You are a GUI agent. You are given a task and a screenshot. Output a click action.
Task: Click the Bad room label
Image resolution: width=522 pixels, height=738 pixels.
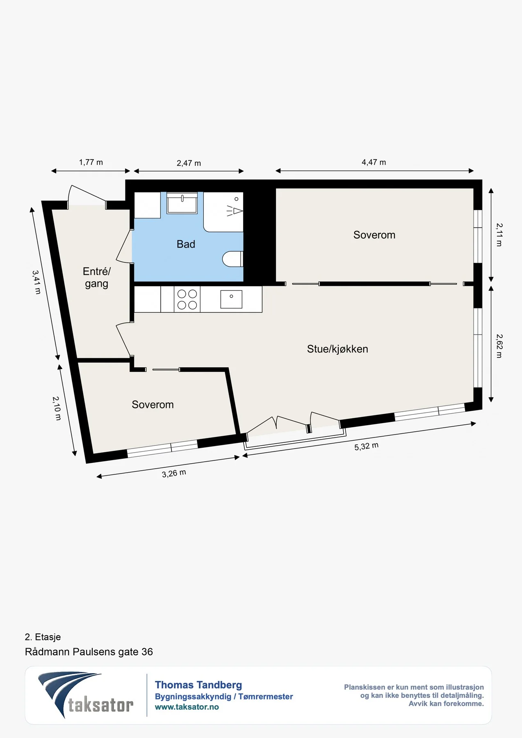coord(186,244)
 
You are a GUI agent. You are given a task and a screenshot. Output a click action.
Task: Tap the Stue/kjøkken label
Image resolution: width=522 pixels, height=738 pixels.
coord(337,349)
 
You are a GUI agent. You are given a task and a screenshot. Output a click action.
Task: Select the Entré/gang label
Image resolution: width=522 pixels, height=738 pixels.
coord(97,278)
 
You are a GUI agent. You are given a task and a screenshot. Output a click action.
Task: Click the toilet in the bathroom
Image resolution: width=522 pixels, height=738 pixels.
coord(233,259)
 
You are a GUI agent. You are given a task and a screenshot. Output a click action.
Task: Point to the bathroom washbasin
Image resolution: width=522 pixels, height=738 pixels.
coord(182,203)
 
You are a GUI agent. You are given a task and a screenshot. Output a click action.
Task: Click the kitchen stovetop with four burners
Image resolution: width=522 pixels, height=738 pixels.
coord(187,299)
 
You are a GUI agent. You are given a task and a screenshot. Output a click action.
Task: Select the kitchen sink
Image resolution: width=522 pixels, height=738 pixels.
coord(231,299)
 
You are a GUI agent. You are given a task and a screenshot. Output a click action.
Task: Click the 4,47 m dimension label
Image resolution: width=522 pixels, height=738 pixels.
coord(374,162)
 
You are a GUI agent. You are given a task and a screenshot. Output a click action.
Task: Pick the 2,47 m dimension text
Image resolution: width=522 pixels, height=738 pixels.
coord(189,163)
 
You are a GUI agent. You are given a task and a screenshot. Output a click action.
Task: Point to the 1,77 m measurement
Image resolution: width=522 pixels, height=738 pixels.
coord(91,162)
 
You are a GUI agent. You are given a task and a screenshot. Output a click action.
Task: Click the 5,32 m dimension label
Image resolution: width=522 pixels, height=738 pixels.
coord(367,446)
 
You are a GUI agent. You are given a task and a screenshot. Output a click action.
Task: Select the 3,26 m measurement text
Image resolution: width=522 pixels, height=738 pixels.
coord(174,474)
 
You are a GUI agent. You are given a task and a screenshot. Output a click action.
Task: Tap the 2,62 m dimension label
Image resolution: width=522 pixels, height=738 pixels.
coord(499,346)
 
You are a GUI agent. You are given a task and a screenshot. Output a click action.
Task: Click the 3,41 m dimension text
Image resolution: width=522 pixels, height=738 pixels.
coord(37,282)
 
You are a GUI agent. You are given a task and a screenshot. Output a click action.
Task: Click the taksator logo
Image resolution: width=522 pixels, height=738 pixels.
coord(86,695)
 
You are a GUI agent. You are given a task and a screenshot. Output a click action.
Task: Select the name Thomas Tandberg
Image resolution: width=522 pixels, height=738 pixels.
coord(198,685)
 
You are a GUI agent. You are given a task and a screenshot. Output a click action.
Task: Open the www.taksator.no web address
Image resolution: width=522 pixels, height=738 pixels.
coord(187,707)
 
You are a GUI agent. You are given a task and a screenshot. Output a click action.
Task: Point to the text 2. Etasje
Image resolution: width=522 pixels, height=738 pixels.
coord(43,637)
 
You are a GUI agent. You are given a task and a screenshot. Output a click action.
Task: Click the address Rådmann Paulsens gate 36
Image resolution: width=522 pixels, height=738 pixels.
coord(89,652)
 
